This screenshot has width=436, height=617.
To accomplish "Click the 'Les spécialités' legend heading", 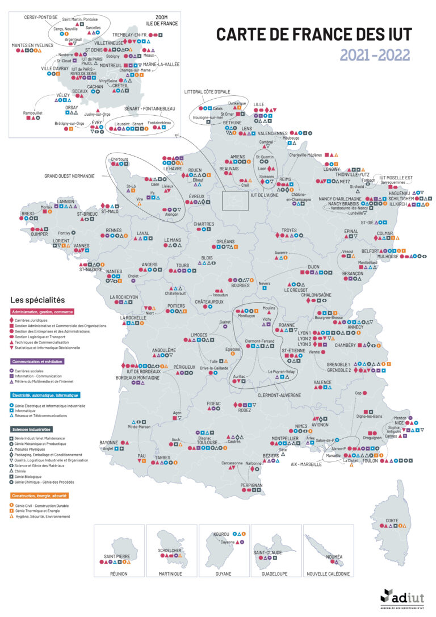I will (37, 299).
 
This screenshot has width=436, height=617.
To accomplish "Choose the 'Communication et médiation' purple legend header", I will (37, 360).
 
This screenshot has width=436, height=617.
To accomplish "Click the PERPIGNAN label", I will (251, 485).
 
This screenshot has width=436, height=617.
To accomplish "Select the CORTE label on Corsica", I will (392, 521).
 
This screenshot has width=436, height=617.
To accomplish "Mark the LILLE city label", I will (259, 104).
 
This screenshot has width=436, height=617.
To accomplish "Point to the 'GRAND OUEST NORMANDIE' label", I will (70, 176).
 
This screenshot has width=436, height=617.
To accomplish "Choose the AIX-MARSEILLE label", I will (306, 464).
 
